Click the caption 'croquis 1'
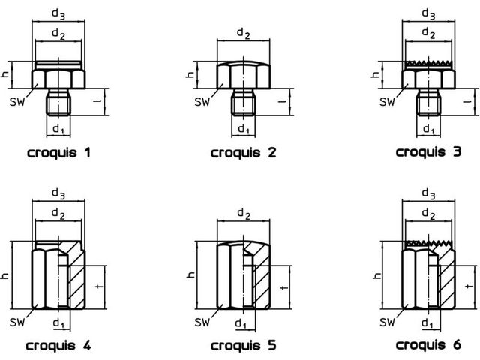pyautogui.click(x=59, y=152)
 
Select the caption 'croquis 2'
pyautogui.click(x=244, y=152)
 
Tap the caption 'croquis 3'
pyautogui.click(x=428, y=151)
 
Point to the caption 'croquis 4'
pyautogui.click(x=58, y=345)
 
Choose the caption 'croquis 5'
pyautogui.click(x=244, y=345)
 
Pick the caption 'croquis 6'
pyautogui.click(x=428, y=345)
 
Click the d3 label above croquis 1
pyautogui.click(x=58, y=14)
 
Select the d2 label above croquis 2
pyautogui.click(x=244, y=33)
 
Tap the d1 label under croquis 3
pyautogui.click(x=429, y=130)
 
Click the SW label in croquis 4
pyautogui.click(x=16, y=322)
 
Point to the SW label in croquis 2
pyautogui.click(x=202, y=102)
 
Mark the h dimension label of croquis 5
pyautogui.click(x=190, y=275)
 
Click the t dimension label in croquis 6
pyautogui.click(x=468, y=286)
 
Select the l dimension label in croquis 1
pyautogui.click(x=97, y=101)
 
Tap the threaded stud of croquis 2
pyautogui.click(x=243, y=102)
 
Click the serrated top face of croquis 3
pyautogui.click(x=428, y=63)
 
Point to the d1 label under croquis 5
pyautogui.click(x=241, y=323)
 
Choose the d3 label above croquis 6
pyautogui.click(x=428, y=193)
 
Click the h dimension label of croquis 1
pyautogui.click(x=5, y=74)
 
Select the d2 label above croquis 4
pyautogui.click(x=58, y=213)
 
